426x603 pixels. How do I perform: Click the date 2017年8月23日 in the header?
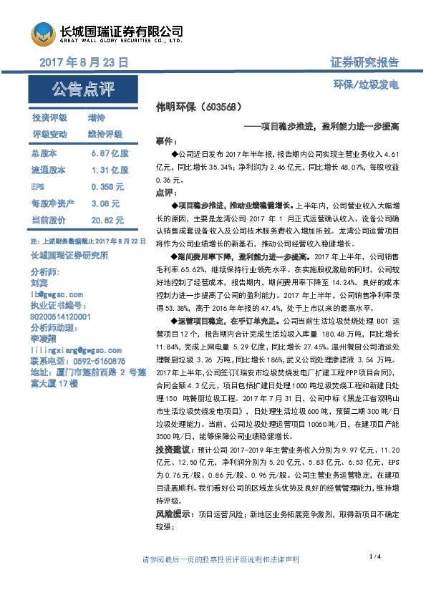point(84,63)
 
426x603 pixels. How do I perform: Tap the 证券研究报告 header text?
point(364,63)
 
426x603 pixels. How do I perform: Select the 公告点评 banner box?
point(83,90)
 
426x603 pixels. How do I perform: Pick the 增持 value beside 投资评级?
point(96,117)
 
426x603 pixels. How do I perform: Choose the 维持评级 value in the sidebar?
point(105,134)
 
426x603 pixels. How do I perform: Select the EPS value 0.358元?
point(107,187)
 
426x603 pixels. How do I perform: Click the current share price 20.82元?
point(107,220)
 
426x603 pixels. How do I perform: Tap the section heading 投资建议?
point(171,450)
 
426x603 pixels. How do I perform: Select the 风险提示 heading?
point(171,513)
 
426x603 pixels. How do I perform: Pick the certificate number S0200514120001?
point(61,316)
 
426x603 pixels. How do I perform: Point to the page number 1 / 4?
point(375,556)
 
